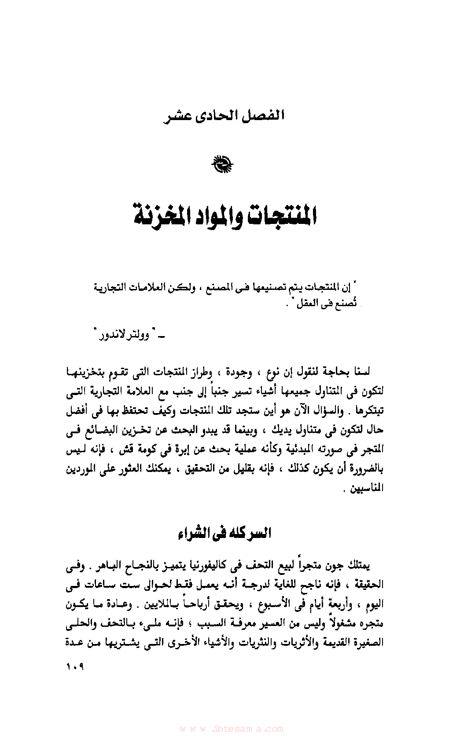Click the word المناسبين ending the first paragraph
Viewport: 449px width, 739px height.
point(367,489)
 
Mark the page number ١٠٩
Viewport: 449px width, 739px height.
point(75,667)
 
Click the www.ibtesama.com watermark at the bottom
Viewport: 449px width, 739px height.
point(232,728)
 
